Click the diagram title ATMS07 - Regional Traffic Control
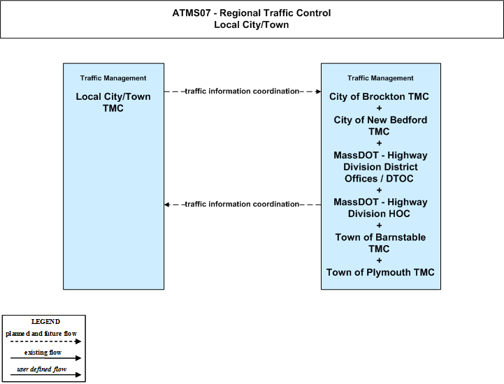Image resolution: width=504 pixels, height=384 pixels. pos(252,13)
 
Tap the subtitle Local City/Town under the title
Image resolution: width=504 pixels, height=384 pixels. pos(252,24)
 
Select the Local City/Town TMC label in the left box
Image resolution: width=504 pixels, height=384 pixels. pos(113,103)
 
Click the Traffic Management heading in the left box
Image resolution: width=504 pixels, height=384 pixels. pos(113,78)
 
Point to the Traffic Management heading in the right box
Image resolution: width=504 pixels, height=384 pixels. pos(380,78)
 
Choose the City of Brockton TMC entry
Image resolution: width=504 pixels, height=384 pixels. pos(379,96)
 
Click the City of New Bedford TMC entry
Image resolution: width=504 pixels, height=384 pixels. pos(380,126)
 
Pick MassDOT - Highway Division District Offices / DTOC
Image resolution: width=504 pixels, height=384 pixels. pos(380,167)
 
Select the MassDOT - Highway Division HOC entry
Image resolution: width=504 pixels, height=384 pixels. pos(380,208)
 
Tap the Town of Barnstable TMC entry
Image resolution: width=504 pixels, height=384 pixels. pos(380,243)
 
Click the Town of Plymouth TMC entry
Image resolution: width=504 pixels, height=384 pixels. pos(380,272)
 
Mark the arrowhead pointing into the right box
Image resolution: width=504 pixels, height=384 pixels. pos(319,91)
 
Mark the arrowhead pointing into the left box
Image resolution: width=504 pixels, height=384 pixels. pos(167,205)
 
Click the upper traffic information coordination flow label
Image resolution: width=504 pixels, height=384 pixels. pos(243,91)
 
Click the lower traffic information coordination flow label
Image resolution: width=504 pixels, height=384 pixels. pos(243,204)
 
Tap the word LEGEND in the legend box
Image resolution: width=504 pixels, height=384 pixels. pos(45,322)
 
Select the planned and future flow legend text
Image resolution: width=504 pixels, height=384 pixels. pos(41,334)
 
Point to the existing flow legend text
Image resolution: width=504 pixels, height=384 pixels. pos(43,353)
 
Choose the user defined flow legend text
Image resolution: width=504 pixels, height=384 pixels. pos(42,369)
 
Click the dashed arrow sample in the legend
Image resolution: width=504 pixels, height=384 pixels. pos(45,341)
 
